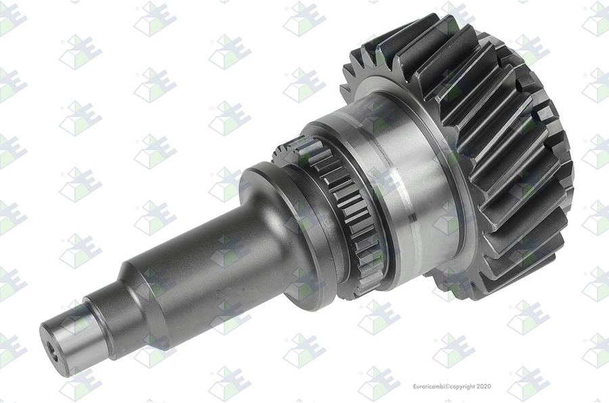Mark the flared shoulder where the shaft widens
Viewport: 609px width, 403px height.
(268, 218)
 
